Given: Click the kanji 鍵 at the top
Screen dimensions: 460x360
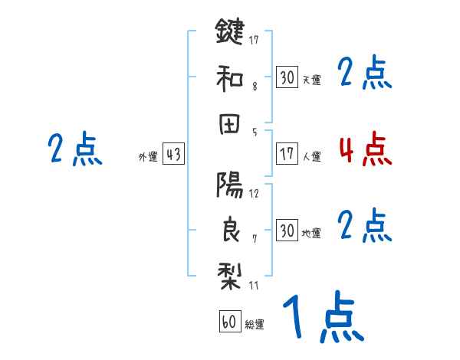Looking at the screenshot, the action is tap(229, 33).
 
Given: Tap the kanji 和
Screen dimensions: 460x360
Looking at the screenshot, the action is tap(229, 78).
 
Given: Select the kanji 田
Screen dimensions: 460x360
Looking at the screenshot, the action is tap(229, 124).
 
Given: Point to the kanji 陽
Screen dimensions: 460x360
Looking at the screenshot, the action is tap(229, 184).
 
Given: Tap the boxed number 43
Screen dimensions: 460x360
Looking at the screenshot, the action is tap(174, 155).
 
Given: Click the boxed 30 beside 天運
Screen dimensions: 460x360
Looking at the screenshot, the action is tap(287, 77).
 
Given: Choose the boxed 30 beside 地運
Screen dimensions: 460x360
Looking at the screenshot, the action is tap(287, 231).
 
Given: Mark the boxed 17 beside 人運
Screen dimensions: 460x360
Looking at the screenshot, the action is tap(287, 154).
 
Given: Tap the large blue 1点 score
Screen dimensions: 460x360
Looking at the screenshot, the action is tap(323, 319).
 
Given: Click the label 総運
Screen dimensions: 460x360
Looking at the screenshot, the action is tap(254, 325).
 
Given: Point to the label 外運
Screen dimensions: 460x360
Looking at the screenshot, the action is tap(147, 157).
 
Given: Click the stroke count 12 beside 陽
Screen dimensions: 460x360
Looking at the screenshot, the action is tap(254, 193).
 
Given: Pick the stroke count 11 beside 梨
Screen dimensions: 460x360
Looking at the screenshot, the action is tap(254, 286).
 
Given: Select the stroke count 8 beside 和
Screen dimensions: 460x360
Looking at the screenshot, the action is tap(254, 87).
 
